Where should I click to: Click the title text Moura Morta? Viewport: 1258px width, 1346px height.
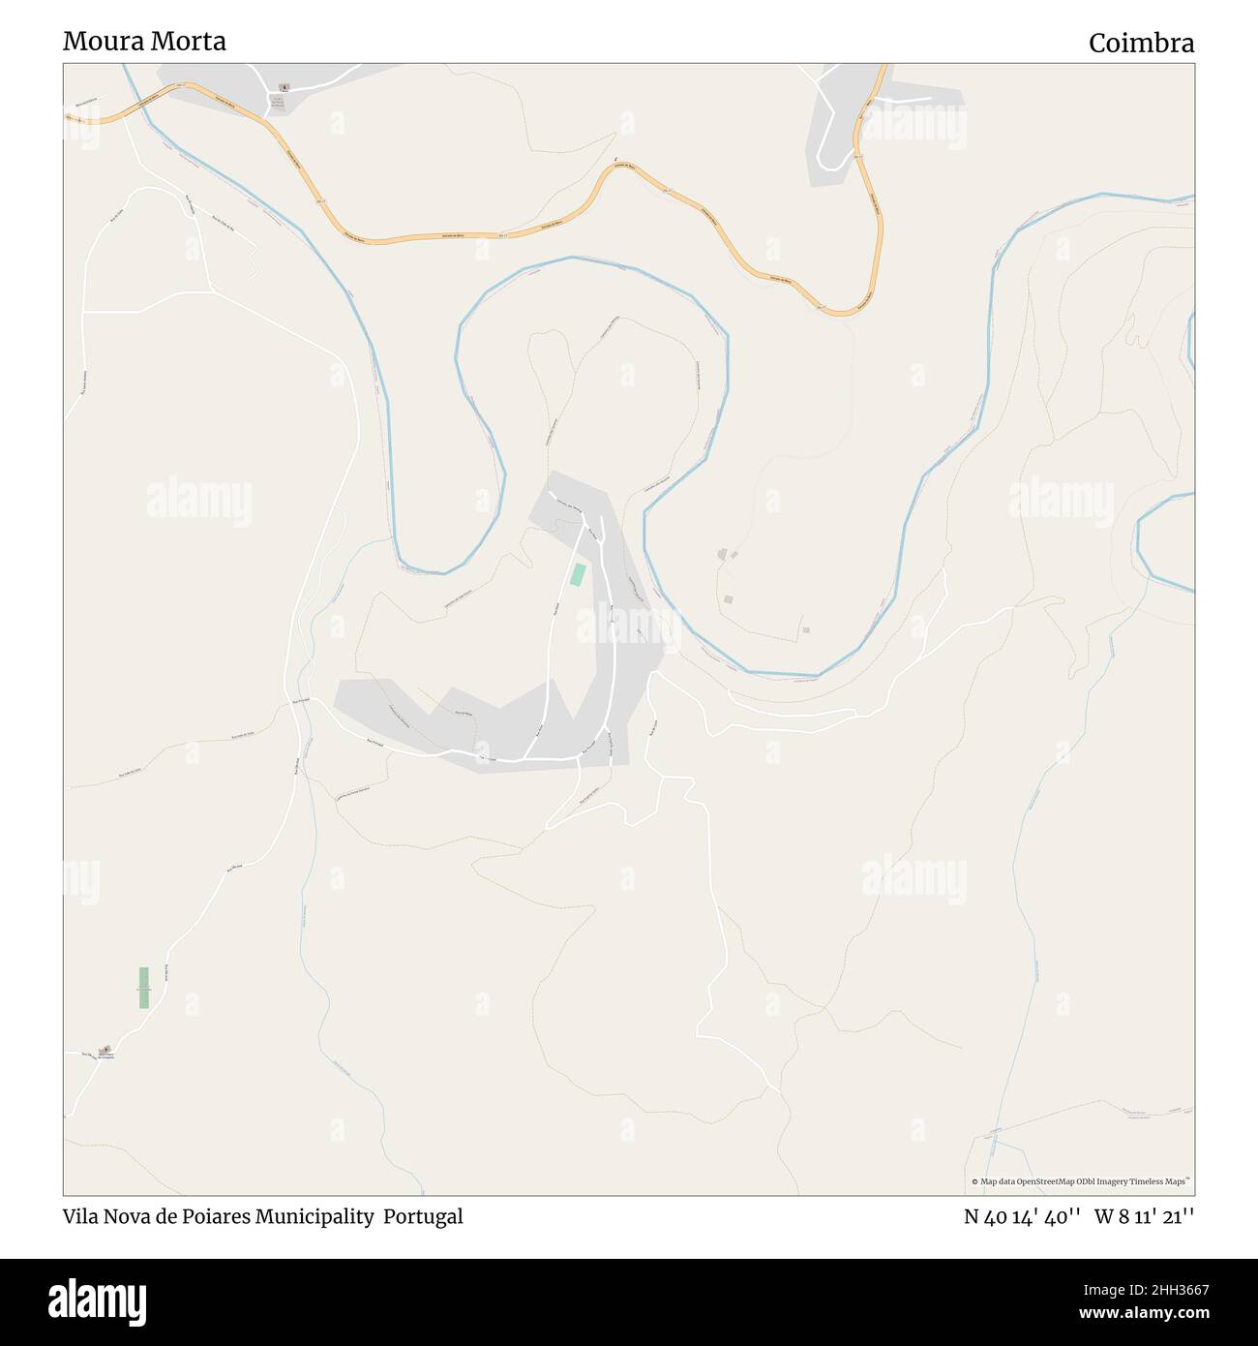click(x=144, y=42)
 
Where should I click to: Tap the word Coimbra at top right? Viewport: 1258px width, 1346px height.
click(x=1141, y=44)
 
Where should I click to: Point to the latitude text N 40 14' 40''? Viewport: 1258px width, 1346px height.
click(x=1022, y=1217)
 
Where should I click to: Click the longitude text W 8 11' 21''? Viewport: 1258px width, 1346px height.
click(x=1144, y=1217)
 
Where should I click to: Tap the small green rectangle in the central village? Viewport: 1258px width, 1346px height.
click(x=578, y=574)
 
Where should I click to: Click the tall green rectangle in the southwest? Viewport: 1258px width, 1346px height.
click(x=144, y=988)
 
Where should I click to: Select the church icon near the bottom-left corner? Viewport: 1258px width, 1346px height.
click(x=106, y=1050)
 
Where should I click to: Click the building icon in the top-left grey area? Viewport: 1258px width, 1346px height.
click(x=283, y=87)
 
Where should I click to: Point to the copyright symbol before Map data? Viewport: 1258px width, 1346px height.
click(x=975, y=1181)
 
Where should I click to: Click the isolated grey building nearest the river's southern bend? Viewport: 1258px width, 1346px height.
click(x=806, y=630)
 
